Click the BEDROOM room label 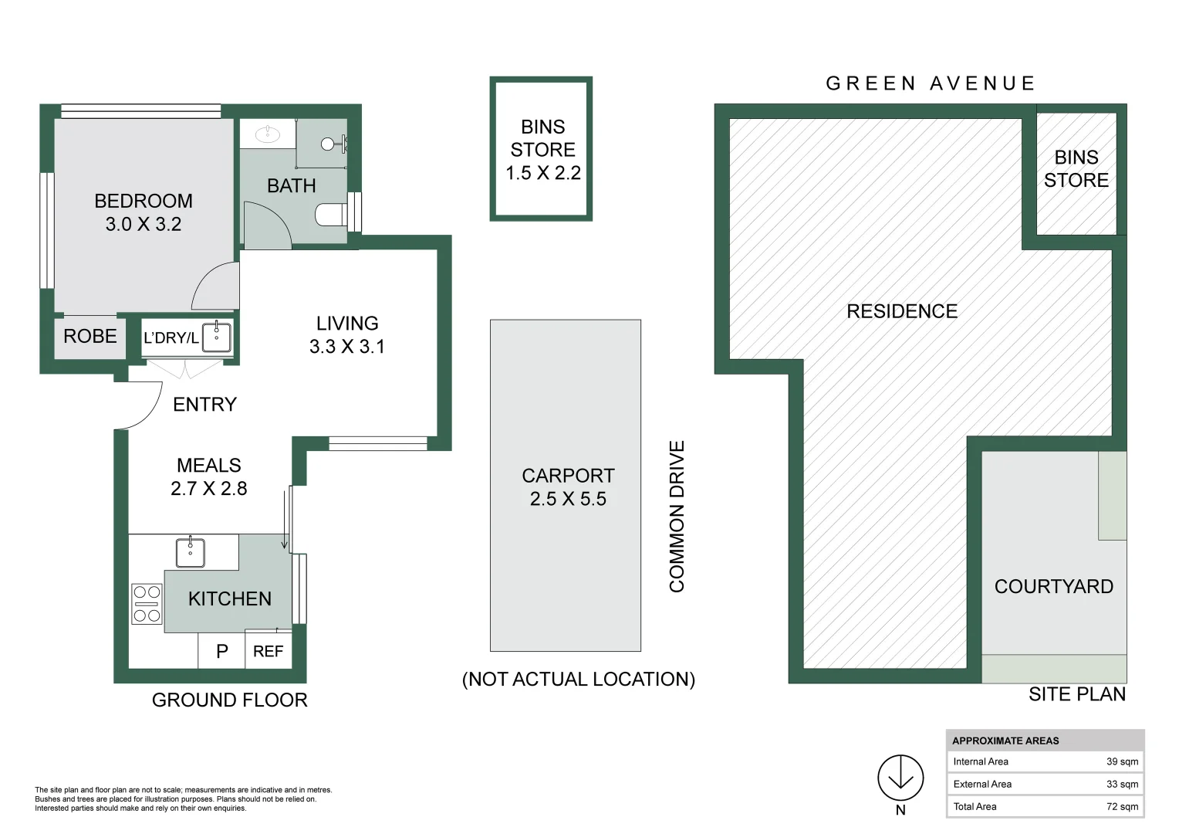tap(144, 202)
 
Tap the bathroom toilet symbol tap(331, 215)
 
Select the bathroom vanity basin tap(268, 134)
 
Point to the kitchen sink tap(190, 551)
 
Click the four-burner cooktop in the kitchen tap(147, 604)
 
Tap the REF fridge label tap(268, 652)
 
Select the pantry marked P tap(221, 652)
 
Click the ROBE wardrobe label tap(90, 336)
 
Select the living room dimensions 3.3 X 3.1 tap(347, 347)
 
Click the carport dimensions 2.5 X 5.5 tap(568, 499)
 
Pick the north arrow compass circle tap(900, 778)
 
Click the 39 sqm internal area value tap(1122, 762)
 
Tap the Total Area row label tap(975, 807)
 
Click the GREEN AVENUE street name tap(930, 83)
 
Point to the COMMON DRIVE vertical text tap(677, 517)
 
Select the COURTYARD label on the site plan tap(1054, 586)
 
